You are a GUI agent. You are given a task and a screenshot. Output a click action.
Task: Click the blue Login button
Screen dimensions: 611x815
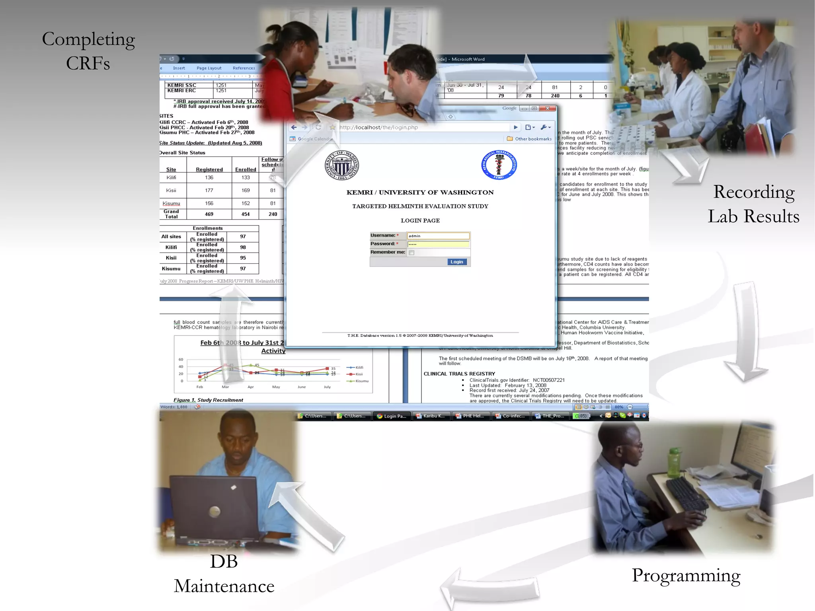coord(457,262)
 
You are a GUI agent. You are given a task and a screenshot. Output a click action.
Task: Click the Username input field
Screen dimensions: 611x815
coord(438,236)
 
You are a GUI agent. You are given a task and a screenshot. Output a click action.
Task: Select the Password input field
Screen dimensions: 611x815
coord(438,244)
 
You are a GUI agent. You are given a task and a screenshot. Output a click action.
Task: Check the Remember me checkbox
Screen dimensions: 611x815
coord(411,253)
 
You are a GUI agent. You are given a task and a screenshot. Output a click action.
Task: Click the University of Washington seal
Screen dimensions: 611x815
coord(342,165)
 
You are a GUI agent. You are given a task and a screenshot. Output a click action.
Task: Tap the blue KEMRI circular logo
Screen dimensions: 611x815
coord(499,165)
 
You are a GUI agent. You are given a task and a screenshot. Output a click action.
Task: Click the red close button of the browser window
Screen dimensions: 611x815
coord(548,108)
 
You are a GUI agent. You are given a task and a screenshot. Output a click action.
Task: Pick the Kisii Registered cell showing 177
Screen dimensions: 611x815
coord(209,191)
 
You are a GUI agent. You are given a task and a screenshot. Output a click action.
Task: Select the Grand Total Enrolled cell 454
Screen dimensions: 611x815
coord(246,214)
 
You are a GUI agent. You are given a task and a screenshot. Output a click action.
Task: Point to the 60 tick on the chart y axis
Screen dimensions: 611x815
coord(181,360)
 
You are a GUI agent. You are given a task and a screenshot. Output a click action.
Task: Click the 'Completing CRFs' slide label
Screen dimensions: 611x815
coord(88,51)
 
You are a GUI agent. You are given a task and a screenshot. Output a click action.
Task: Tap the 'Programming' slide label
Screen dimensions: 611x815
coord(686,576)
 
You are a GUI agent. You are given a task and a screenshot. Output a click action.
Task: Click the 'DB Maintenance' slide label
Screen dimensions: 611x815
coord(224,574)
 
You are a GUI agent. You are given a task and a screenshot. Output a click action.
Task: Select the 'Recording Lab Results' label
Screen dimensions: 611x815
coord(753,204)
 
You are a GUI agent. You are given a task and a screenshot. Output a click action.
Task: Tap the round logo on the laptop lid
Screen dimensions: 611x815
coord(215,512)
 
